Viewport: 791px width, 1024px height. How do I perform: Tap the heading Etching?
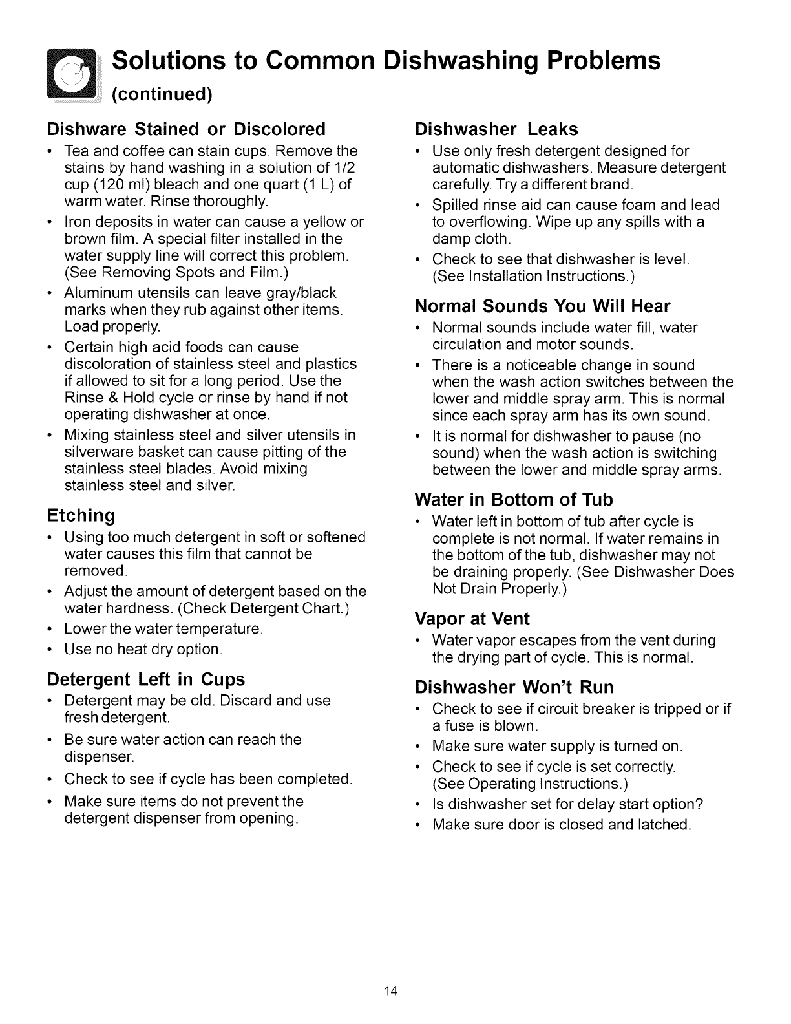[x=81, y=516]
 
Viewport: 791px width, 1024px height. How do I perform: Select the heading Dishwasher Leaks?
[x=496, y=129]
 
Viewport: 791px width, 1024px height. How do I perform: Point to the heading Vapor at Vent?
[x=472, y=619]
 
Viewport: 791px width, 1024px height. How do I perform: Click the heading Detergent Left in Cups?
[x=146, y=679]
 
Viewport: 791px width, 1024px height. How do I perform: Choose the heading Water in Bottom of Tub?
[x=514, y=500]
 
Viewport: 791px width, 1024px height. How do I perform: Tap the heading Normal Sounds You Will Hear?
[x=543, y=306]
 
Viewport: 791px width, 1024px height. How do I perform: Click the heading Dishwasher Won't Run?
[x=514, y=687]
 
